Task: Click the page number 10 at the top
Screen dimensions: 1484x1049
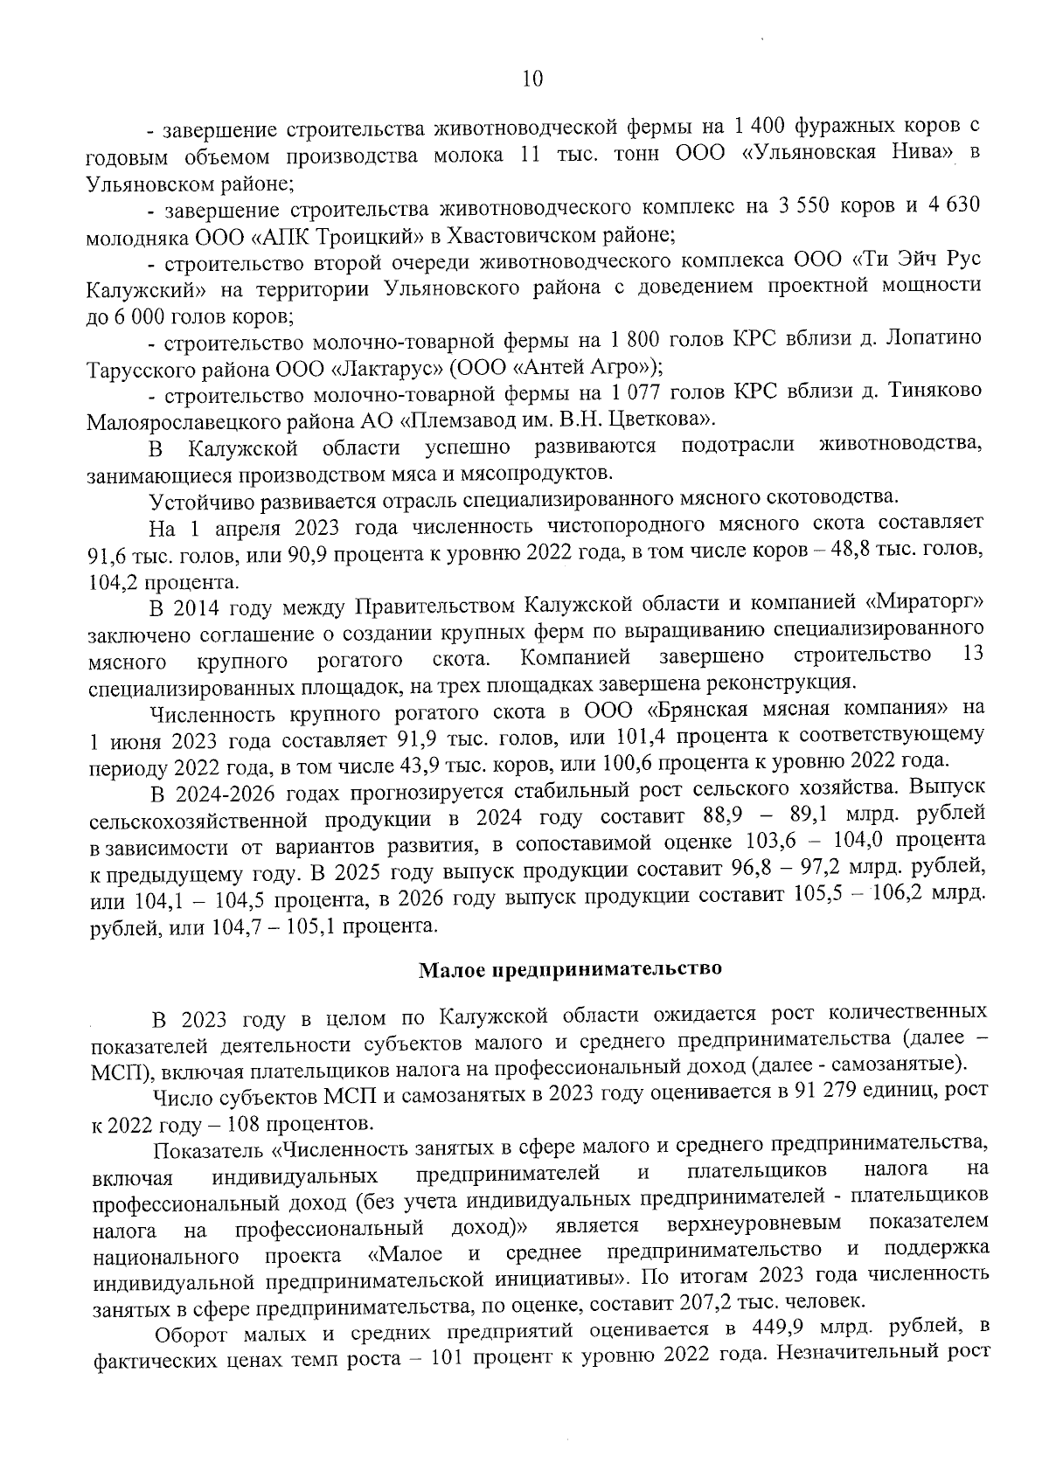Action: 532,79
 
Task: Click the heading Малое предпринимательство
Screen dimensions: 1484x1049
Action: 571,969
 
